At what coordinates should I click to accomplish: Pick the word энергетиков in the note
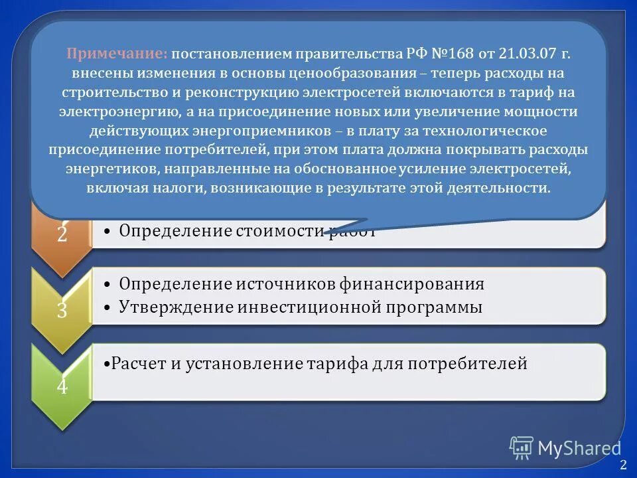(104, 169)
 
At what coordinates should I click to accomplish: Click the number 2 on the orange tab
(62, 234)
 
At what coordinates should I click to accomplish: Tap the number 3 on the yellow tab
(62, 309)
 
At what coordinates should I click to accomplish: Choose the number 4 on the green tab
(62, 386)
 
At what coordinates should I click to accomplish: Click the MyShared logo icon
(522, 448)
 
